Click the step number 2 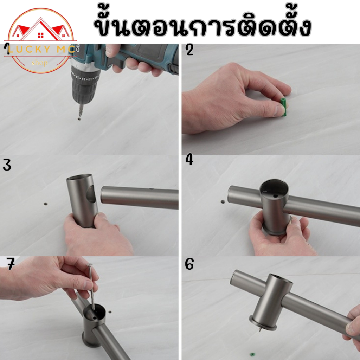click(189, 50)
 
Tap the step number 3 click(7, 165)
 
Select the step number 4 click(189, 160)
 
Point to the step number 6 click(189, 264)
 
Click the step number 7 click(11, 264)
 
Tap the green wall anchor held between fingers click(284, 107)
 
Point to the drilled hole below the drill click(79, 119)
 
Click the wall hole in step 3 click(46, 204)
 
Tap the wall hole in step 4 click(223, 202)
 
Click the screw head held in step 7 click(90, 265)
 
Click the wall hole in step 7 click(110, 312)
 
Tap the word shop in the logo click(40, 63)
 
